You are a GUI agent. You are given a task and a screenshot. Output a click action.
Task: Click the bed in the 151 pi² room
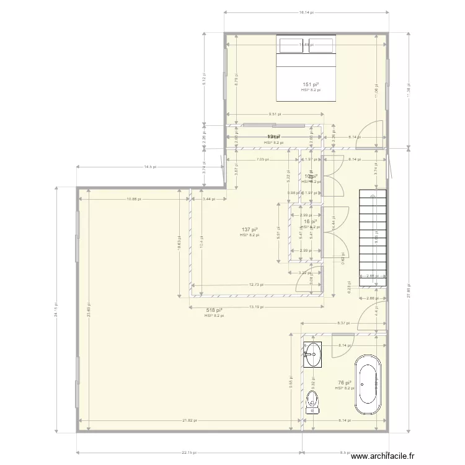click(306, 68)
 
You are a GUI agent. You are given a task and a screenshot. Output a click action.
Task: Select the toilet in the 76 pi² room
click(314, 401)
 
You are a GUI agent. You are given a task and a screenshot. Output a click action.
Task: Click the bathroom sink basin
click(313, 355)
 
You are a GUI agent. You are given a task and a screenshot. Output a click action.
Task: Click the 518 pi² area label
click(214, 310)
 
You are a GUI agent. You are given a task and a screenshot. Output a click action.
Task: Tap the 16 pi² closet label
click(310, 221)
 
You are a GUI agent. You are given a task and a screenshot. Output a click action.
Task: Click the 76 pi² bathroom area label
click(345, 383)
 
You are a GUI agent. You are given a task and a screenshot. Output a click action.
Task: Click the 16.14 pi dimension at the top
click(306, 12)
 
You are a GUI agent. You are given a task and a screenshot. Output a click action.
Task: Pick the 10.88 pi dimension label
click(134, 199)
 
